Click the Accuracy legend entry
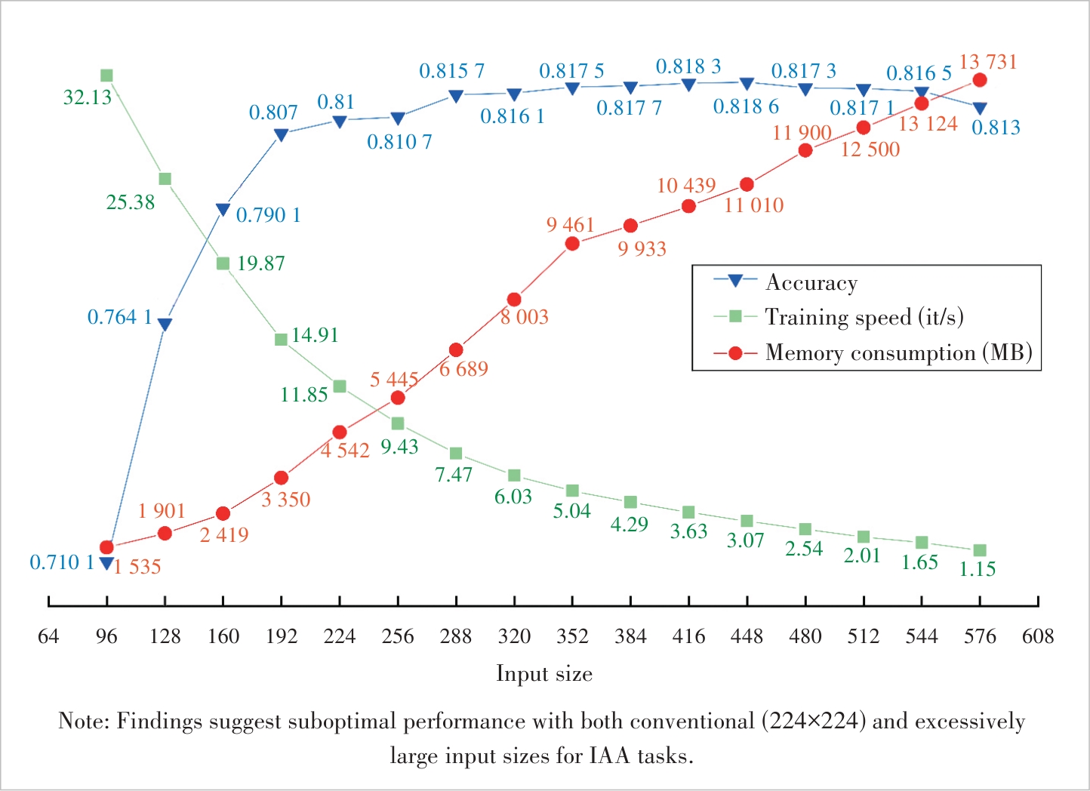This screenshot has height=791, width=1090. [811, 282]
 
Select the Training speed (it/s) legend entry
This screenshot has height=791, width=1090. [864, 317]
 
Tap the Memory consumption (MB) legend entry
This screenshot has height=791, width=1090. [898, 352]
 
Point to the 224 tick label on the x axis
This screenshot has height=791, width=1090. [340, 636]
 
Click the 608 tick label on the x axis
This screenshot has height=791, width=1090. [1038, 636]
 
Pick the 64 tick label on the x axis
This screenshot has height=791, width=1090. [48, 636]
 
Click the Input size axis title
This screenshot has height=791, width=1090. [543, 673]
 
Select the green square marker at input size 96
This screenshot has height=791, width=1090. [106, 75]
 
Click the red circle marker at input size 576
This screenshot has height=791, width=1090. [980, 80]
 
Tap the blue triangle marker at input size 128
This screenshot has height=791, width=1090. [165, 324]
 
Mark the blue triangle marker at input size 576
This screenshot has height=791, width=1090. [980, 109]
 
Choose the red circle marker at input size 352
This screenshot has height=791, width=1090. [572, 244]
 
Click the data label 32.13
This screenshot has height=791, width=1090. [88, 97]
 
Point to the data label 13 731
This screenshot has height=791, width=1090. [988, 62]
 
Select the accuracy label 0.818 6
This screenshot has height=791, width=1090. [746, 107]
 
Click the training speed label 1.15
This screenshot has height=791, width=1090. [978, 569]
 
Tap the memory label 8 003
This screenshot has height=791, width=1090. [525, 317]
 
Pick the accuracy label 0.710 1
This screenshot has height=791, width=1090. [62, 562]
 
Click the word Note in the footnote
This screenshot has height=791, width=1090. [84, 722]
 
